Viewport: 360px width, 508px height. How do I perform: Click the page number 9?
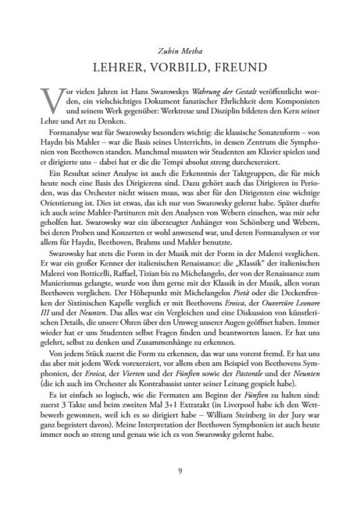[179, 470]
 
